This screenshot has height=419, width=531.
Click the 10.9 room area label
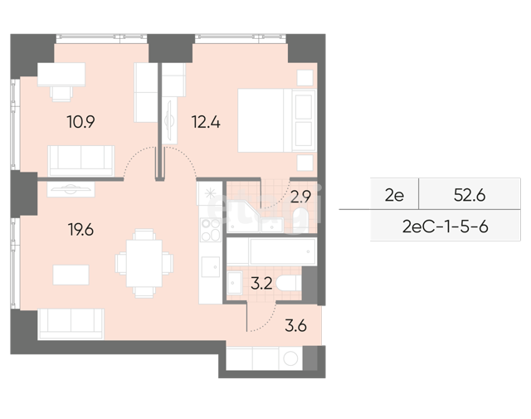point(81,122)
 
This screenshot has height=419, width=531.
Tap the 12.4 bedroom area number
point(206,122)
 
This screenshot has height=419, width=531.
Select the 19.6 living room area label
point(80,230)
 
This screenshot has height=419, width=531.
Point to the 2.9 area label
point(300,197)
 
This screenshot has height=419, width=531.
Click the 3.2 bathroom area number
point(261,284)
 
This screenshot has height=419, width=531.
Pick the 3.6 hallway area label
point(295,326)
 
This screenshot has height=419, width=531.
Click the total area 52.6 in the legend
point(470,195)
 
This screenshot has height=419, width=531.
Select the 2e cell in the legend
point(394,196)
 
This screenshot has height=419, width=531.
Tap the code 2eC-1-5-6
point(445,227)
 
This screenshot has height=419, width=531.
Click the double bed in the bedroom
point(277,120)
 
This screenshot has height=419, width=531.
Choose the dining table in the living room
point(144,263)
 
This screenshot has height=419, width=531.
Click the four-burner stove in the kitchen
point(210,230)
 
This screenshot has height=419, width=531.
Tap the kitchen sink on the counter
point(210,267)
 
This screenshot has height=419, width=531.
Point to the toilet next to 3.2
point(289,283)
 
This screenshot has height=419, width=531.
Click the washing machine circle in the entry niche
point(290,358)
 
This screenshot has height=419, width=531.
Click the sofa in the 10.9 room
point(81,161)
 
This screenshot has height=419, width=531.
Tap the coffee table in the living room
point(71,275)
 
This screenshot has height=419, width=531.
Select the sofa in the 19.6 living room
point(71,324)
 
